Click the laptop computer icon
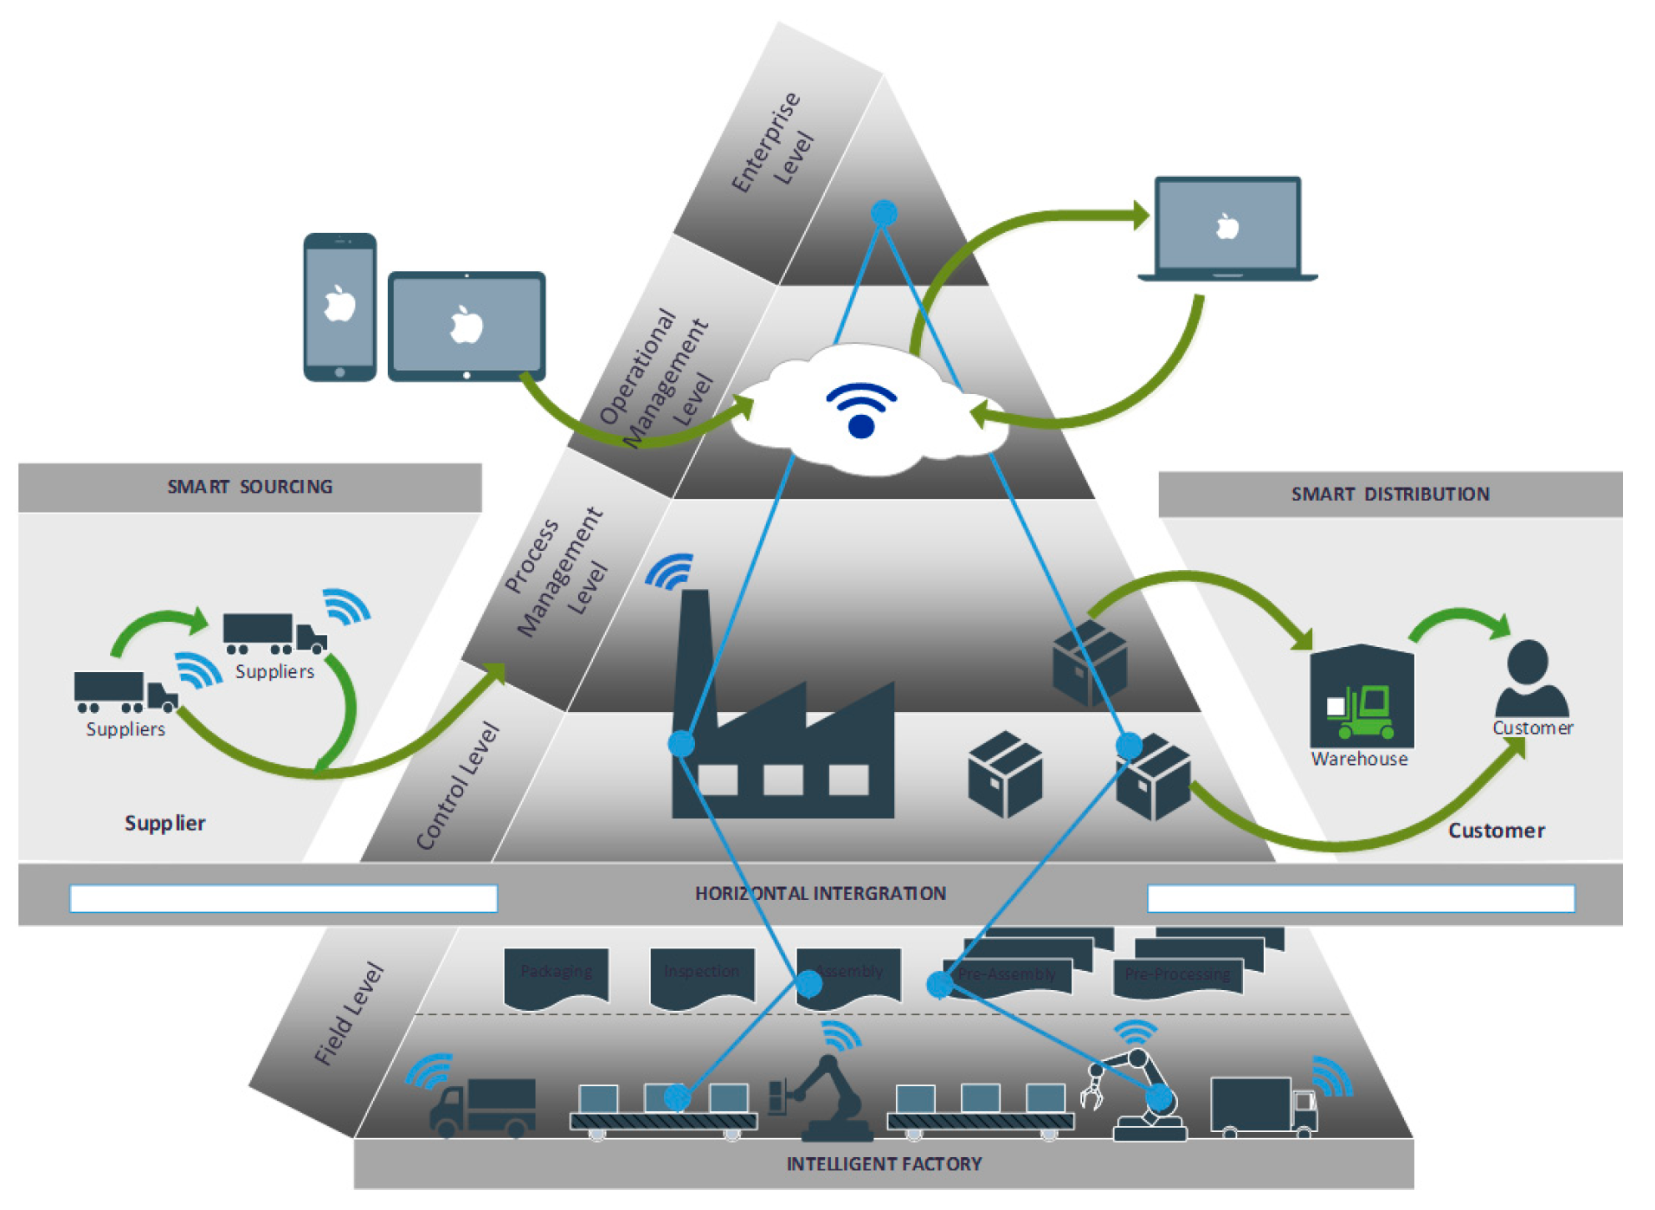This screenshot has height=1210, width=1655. click(x=1227, y=228)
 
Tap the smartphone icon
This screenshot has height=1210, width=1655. click(x=339, y=307)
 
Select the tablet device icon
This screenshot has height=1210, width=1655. click(x=466, y=326)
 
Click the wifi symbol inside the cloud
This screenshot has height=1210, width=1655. click(x=860, y=410)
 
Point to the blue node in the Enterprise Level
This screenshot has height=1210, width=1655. click(x=883, y=212)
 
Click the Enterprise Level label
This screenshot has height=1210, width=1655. click(x=772, y=141)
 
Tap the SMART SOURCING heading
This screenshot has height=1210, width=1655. click(x=249, y=487)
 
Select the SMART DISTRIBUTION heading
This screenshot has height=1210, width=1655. click(x=1389, y=494)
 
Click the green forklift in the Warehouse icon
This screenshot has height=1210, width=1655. click(x=1366, y=712)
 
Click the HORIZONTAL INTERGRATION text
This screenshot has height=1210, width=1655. click(x=820, y=893)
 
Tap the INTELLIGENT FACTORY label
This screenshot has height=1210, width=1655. click(x=883, y=1163)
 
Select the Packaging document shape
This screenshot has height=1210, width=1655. click(x=556, y=975)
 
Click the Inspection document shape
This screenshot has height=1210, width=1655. click(x=701, y=975)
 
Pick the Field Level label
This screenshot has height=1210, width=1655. click(x=349, y=1013)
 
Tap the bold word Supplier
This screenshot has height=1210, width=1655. click(x=164, y=823)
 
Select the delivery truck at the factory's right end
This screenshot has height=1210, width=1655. click(x=1262, y=1105)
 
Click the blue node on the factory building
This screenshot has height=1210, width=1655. click(x=681, y=743)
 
